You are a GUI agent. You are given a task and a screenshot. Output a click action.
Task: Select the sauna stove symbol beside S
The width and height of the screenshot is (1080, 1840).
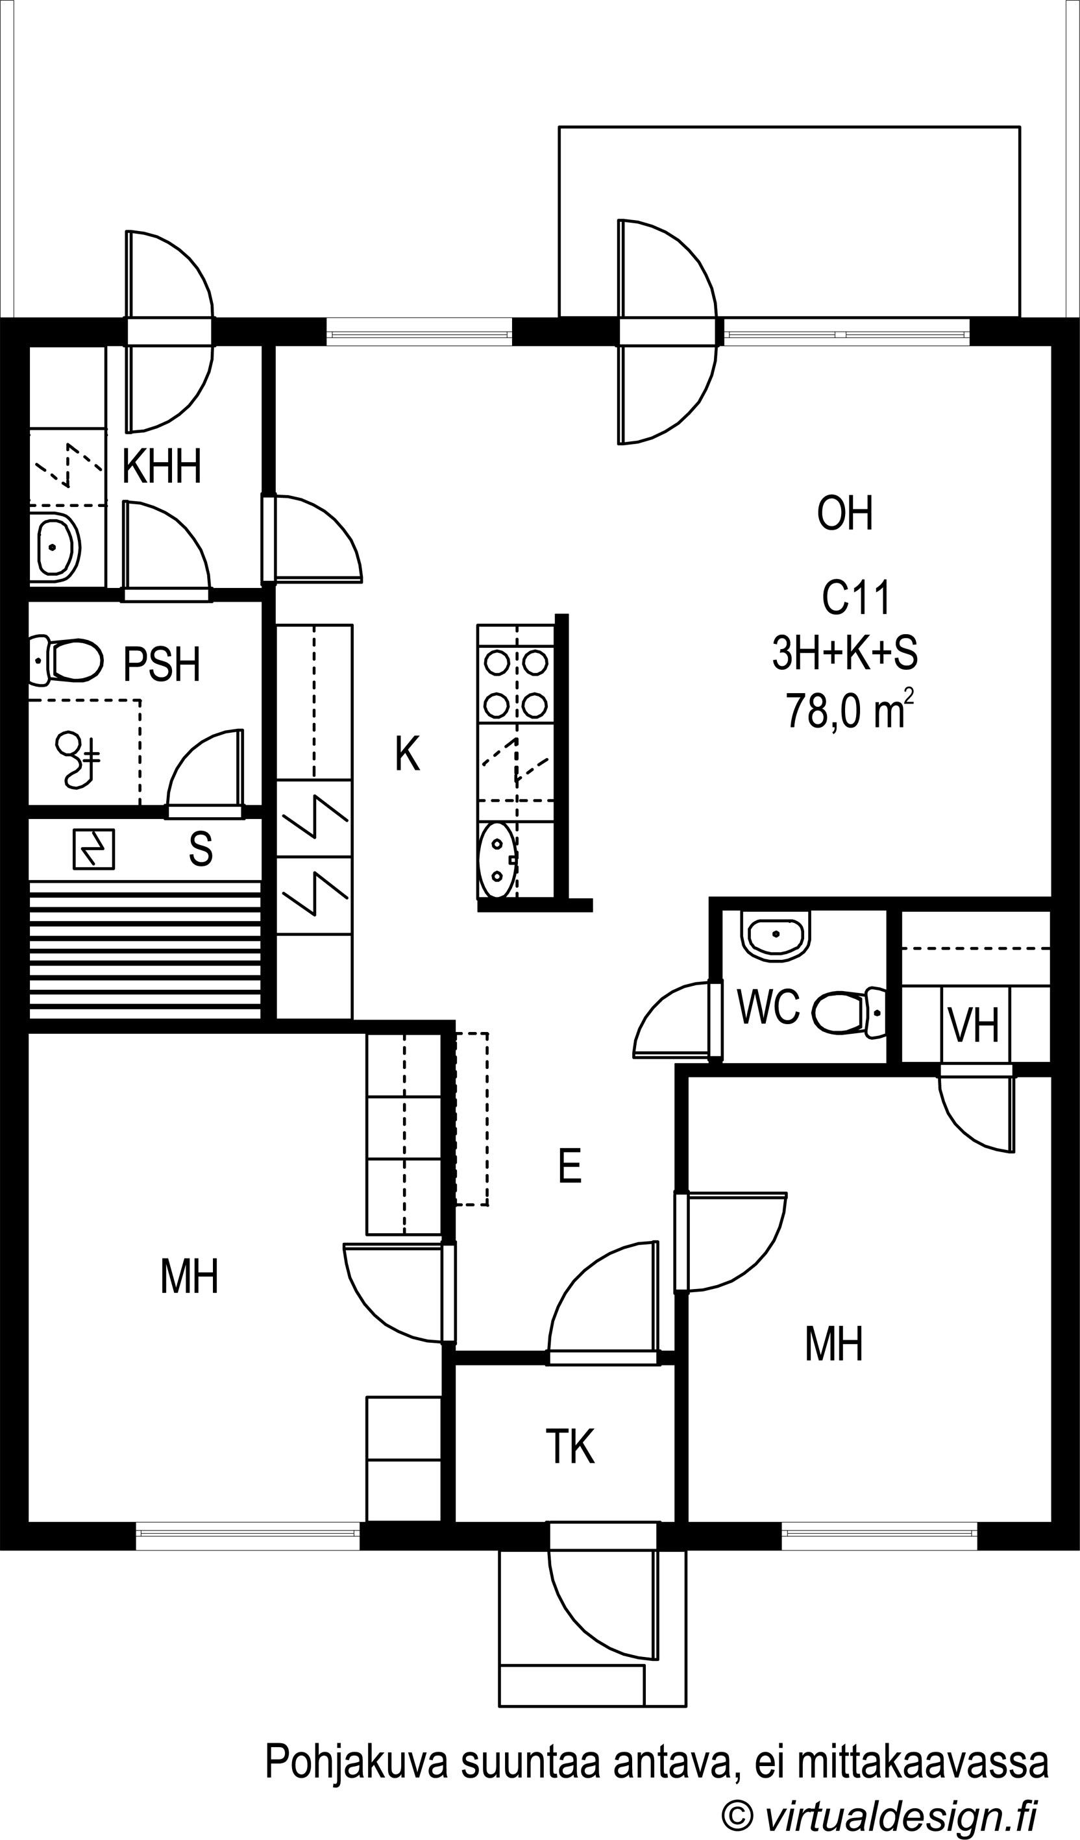(93, 849)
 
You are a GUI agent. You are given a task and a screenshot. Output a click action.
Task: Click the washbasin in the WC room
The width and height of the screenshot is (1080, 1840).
(776, 934)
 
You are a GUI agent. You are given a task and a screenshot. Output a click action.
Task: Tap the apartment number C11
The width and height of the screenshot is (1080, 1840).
(856, 598)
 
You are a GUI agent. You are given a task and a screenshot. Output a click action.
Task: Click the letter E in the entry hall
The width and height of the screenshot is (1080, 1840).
(570, 1166)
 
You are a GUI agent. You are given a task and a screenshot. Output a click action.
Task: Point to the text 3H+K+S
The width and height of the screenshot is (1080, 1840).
(845, 653)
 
